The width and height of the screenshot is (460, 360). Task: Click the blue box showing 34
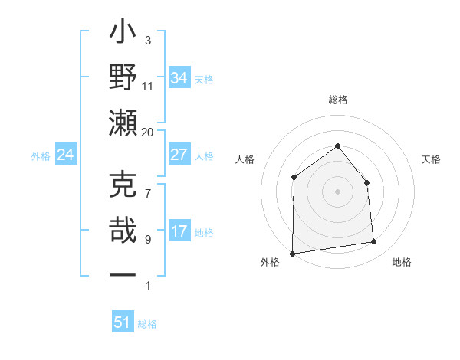pos(179,77)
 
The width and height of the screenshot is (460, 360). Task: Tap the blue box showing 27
pos(179,155)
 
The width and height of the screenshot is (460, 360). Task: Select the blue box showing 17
pos(179,231)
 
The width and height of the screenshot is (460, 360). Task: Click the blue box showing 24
pos(65,155)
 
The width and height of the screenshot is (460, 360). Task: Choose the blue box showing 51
pos(123,322)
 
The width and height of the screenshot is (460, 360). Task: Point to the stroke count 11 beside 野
pos(148,86)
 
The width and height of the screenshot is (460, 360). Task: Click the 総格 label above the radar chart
pos(337,100)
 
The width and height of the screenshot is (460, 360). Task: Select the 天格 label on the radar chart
pos(431,159)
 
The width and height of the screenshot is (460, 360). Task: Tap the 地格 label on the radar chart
pos(402,263)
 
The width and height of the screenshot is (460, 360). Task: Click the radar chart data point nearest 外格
pos(292,254)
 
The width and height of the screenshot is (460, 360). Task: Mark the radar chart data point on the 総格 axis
pos(337,145)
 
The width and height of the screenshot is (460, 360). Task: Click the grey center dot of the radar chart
pos(337,191)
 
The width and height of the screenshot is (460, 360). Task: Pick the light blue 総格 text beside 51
pos(147,324)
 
